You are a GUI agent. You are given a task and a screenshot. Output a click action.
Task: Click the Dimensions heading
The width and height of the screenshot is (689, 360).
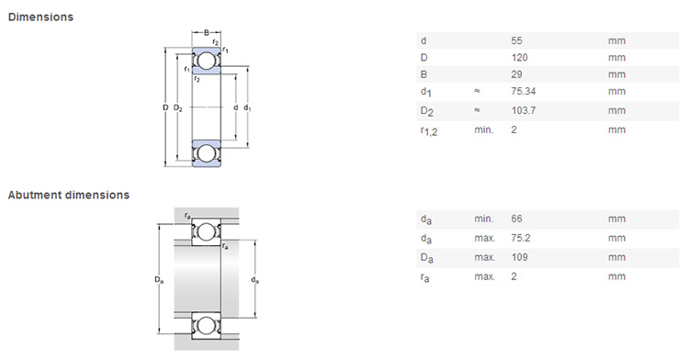coord(40,17)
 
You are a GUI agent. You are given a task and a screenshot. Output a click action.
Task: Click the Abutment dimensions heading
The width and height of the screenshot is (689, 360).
coord(69,195)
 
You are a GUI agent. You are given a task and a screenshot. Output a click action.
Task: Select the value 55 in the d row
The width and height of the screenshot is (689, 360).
coord(516,40)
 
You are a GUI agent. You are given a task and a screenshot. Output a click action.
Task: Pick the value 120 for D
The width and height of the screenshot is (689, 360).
coord(519,58)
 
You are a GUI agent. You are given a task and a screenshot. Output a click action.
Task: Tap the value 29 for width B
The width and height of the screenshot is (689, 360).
coord(516,74)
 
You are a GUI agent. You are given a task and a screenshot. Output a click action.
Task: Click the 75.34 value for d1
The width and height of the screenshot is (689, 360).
coord(524,91)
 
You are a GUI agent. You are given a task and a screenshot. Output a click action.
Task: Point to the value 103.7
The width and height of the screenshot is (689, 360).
coord(524,110)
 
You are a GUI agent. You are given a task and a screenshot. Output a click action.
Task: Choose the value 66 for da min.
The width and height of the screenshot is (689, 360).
coord(516,219)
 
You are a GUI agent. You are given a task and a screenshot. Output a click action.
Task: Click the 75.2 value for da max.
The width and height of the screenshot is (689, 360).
coord(521,238)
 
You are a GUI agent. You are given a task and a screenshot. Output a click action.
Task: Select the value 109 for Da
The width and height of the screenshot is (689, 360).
coord(519,257)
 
